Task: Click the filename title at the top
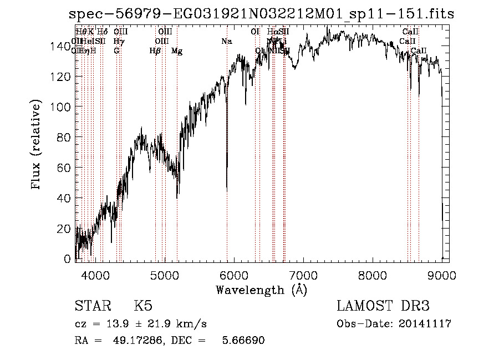tap(261, 14)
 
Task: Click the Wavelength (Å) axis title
tap(261, 290)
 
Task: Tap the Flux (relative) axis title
tap(37, 145)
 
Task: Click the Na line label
tap(227, 41)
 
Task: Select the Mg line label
tap(177, 51)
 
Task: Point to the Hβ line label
tap(155, 51)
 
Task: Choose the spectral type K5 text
tap(143, 306)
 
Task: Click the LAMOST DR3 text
tap(383, 306)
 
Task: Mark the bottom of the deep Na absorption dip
tap(227, 190)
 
